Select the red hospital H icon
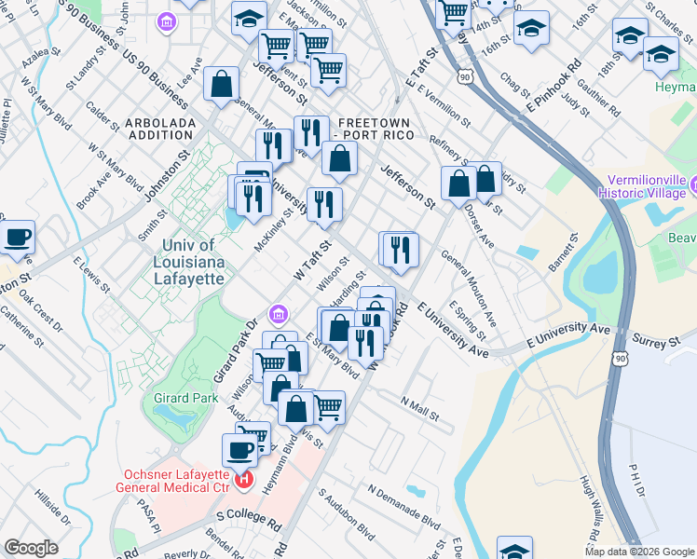point(244,481)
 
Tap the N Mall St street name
point(420,406)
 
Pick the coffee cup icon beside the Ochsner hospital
point(239,450)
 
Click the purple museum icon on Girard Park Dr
point(279,313)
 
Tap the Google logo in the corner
point(31,548)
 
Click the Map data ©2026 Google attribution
point(639,552)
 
